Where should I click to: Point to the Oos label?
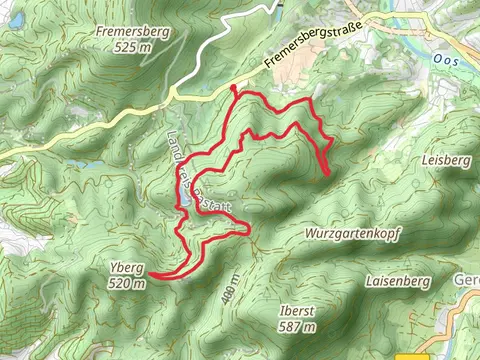pyautogui.click(x=444, y=59)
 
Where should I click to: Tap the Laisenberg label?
pyautogui.click(x=398, y=282)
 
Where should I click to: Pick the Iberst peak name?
pyautogui.click(x=299, y=311)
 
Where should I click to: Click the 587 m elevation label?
pyautogui.click(x=299, y=326)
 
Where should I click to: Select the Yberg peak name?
pyautogui.click(x=128, y=268)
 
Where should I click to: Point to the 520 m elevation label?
pyautogui.click(x=128, y=283)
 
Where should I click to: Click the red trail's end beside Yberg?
pyautogui.click(x=152, y=273)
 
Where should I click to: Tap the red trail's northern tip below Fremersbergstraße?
pyautogui.click(x=233, y=88)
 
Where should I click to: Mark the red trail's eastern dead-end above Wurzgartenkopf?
pyautogui.click(x=330, y=174)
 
